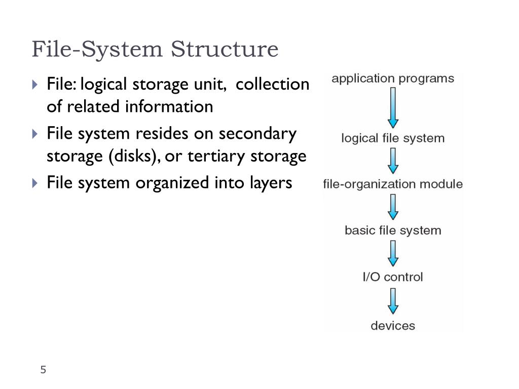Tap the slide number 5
pos(43,370)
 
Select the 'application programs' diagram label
pos(393,79)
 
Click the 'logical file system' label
pos(393,138)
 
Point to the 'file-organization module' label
pos(393,184)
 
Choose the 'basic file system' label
pos(393,230)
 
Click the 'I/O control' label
pos(393,277)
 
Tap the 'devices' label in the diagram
pos(393,325)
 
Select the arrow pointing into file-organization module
pos(393,161)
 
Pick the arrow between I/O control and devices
pos(393,301)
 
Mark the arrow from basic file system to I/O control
pos(393,254)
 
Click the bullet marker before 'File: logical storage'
pos(34,84)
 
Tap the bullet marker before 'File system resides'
pos(34,134)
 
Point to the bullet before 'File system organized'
pos(34,182)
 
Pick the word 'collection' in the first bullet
pos(272,84)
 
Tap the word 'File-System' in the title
pos(98,50)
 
